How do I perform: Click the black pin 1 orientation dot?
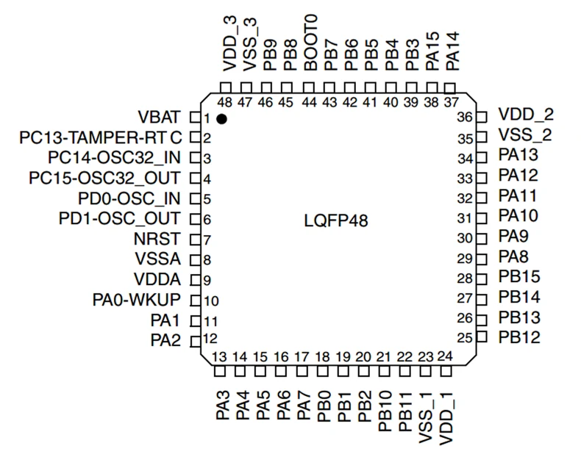pyautogui.click(x=221, y=119)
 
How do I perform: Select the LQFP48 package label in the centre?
pyautogui.click(x=336, y=221)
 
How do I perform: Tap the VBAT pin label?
pyautogui.click(x=160, y=117)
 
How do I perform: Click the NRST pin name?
pyautogui.click(x=157, y=239)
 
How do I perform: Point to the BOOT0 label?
pyautogui.click(x=310, y=43)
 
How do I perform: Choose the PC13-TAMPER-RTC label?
pyautogui.click(x=101, y=137)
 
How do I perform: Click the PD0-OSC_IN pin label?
pyautogui.click(x=129, y=198)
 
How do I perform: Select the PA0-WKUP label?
pyautogui.click(x=137, y=300)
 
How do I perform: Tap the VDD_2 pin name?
pyautogui.click(x=526, y=115)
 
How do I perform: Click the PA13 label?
pyautogui.click(x=518, y=155)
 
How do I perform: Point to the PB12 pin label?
pyautogui.click(x=519, y=337)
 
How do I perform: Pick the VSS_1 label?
pyautogui.click(x=425, y=417)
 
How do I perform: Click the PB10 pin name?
pyautogui.click(x=385, y=411)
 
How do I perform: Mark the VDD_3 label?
pyautogui.click(x=229, y=43)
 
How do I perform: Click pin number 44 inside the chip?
pyautogui.click(x=309, y=102)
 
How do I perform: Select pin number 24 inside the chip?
pyautogui.click(x=445, y=356)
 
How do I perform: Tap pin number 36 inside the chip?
pyautogui.click(x=465, y=118)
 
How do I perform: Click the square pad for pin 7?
pyautogui.click(x=195, y=240)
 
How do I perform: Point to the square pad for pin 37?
pyautogui.click(x=450, y=88)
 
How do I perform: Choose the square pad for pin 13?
pyautogui.click(x=220, y=371)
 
